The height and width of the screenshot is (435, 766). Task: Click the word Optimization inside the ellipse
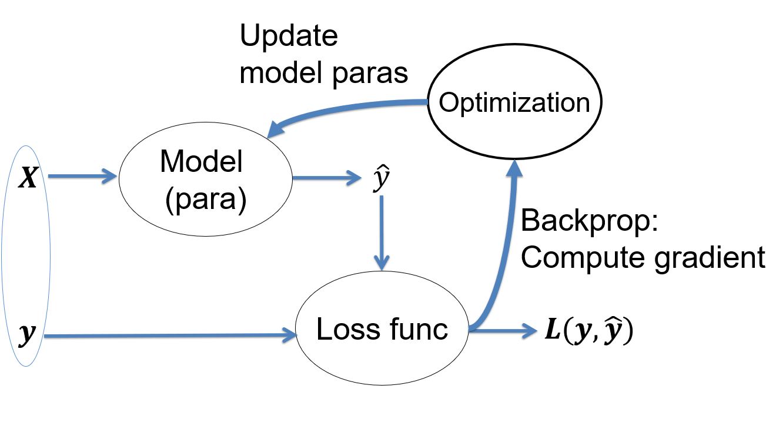[514, 103]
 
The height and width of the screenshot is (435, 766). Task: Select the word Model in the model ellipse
[202, 161]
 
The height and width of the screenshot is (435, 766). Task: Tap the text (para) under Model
[206, 200]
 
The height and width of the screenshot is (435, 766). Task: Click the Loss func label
[382, 329]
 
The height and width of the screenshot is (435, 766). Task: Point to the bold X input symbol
[28, 177]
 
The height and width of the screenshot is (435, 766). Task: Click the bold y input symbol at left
[28, 334]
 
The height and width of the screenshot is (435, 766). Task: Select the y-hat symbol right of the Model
[382, 178]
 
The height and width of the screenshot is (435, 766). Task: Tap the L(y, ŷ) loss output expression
[589, 331]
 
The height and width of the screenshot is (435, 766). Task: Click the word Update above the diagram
[289, 36]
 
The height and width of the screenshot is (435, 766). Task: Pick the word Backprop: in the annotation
[589, 221]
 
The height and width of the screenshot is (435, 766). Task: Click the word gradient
[710, 258]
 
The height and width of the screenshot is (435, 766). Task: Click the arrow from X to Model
[82, 177]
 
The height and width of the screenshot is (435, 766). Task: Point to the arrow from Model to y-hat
[327, 178]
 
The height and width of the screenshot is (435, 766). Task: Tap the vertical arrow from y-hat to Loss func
[382, 233]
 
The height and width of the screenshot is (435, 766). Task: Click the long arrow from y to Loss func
[170, 336]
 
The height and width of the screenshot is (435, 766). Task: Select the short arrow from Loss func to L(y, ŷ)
[503, 331]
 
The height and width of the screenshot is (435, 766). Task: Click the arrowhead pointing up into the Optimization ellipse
[514, 168]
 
